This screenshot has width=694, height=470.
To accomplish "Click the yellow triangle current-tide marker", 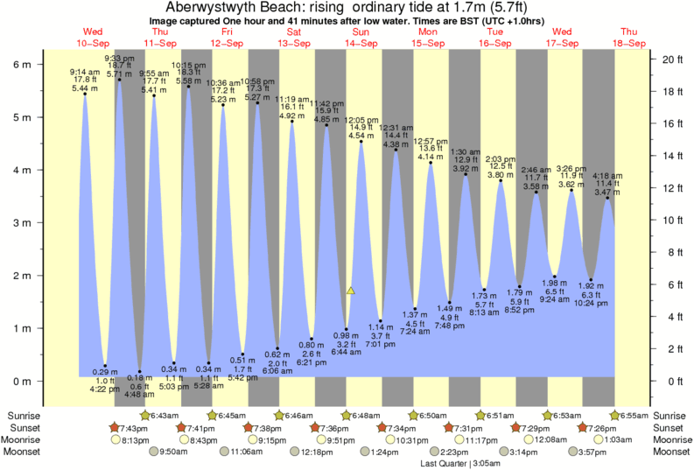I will (x=350, y=290).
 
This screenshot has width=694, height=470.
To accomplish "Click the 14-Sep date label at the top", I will (x=361, y=43).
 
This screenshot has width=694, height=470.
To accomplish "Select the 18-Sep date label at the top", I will (x=628, y=43).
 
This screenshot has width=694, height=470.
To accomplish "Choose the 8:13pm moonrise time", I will (x=134, y=439).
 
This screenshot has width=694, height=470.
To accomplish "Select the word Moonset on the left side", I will (x=24, y=452).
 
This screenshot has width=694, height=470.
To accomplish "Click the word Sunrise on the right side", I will (x=669, y=415).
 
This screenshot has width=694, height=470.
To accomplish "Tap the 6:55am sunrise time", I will (x=634, y=415).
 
